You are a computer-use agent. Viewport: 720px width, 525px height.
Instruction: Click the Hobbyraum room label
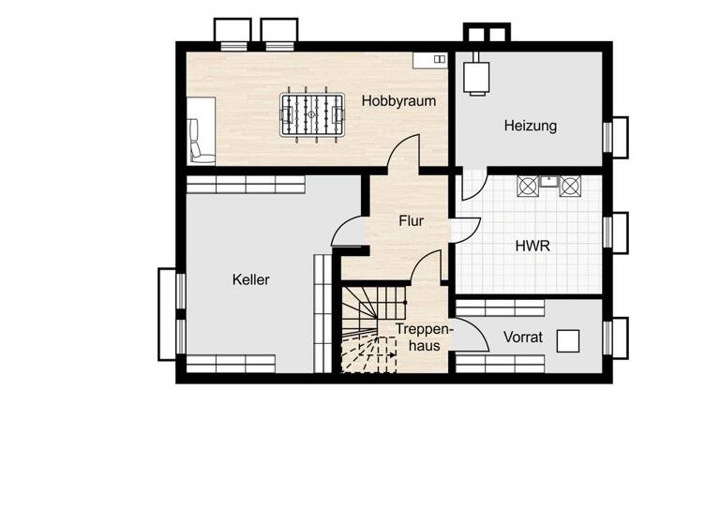tap(398, 101)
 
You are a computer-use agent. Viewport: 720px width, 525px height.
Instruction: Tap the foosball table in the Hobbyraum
tap(312, 117)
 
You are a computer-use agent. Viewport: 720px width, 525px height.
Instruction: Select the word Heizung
tap(530, 125)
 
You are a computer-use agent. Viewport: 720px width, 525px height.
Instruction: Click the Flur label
tap(411, 222)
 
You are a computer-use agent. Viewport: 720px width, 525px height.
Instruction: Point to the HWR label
tap(532, 247)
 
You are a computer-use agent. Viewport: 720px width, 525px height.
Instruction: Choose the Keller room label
tap(251, 279)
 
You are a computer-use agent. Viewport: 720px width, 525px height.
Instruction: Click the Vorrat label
tap(522, 337)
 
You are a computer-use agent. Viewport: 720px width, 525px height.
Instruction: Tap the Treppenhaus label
tap(418, 337)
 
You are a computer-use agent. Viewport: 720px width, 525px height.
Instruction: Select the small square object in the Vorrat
tap(568, 340)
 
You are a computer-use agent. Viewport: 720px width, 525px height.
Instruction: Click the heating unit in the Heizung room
tap(479, 75)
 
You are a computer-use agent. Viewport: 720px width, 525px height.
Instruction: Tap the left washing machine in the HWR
tap(528, 185)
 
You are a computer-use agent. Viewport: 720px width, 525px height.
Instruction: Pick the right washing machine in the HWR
tap(569, 185)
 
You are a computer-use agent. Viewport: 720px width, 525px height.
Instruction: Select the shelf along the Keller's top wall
tap(246, 185)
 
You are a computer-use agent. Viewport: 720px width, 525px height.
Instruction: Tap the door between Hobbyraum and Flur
tap(405, 156)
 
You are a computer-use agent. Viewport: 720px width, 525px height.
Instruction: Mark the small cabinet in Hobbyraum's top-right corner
tap(431, 59)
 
